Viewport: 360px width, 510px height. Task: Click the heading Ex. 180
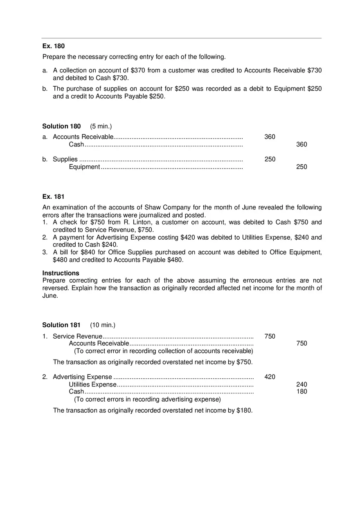pyautogui.click(x=53, y=46)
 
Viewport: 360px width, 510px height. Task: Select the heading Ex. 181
pyautogui.click(x=53, y=197)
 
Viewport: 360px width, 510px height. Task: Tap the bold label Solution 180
pyautogui.click(x=61, y=126)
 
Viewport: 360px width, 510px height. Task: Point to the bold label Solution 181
pyautogui.click(x=61, y=325)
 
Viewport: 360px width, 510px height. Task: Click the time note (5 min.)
pyautogui.click(x=101, y=126)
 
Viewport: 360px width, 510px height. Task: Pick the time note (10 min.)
pyautogui.click(x=103, y=325)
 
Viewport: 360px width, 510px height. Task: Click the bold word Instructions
pyautogui.click(x=61, y=273)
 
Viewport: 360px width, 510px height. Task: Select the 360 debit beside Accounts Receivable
pyautogui.click(x=270, y=137)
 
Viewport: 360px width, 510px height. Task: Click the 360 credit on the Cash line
pyautogui.click(x=301, y=144)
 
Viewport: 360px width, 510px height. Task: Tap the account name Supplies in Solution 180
pyautogui.click(x=65, y=160)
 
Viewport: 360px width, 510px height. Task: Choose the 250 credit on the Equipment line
pyautogui.click(x=301, y=167)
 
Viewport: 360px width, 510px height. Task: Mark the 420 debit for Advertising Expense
pyautogui.click(x=270, y=377)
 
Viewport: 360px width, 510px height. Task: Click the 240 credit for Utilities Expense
pyautogui.click(x=301, y=384)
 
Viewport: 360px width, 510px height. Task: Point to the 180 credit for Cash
pyautogui.click(x=301, y=392)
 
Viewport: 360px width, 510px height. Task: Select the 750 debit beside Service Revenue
pyautogui.click(x=270, y=337)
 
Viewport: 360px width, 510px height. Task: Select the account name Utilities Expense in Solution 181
pyautogui.click(x=92, y=384)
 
